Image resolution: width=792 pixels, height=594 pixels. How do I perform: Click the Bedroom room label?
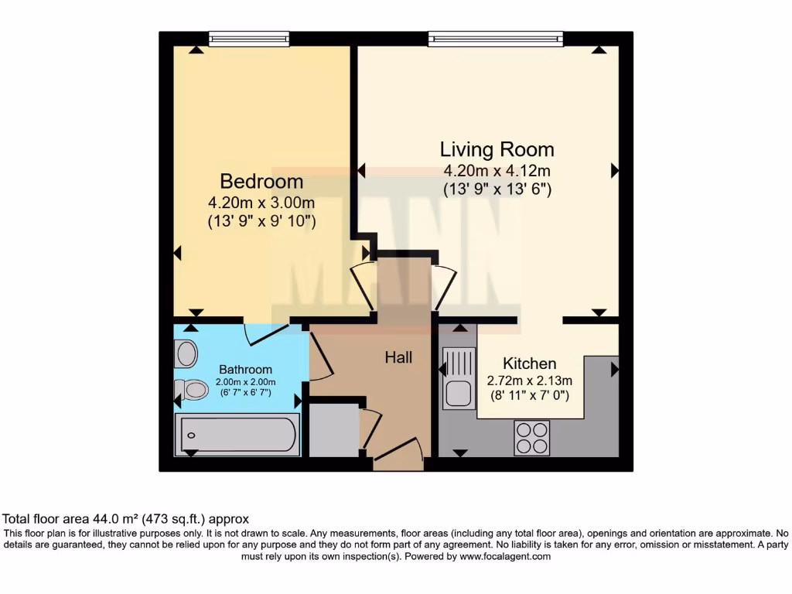(261, 181)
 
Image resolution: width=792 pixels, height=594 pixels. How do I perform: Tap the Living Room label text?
(497, 149)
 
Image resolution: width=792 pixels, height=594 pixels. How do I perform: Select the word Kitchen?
(529, 364)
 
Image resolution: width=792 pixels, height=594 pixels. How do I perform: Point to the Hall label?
(398, 357)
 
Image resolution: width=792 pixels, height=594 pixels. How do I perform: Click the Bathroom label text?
(245, 370)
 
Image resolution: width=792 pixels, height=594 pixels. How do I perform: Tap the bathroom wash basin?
(186, 354)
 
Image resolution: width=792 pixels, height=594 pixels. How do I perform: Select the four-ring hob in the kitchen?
(531, 438)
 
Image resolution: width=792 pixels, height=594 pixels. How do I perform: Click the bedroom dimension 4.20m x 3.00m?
(261, 203)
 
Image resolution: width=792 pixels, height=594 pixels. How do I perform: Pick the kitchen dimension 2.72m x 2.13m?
(529, 381)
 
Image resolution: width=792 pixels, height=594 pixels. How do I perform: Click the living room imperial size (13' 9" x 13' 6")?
(497, 188)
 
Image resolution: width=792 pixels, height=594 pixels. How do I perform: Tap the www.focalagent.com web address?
(505, 556)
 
